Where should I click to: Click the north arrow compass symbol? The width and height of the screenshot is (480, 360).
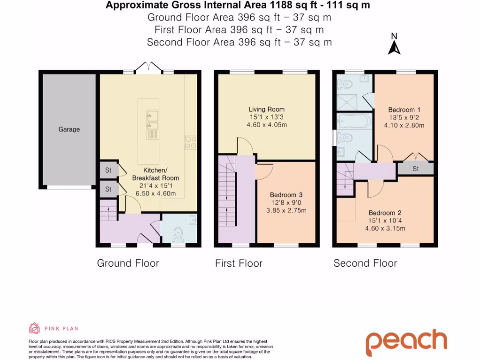(x=394, y=45)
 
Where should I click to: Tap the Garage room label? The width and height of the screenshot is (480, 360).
(x=69, y=129)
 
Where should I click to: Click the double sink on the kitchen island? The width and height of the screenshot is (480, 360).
(x=152, y=120)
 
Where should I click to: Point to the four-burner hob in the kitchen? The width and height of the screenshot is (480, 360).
(x=191, y=142)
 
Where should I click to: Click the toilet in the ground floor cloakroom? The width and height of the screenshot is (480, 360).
(x=178, y=233)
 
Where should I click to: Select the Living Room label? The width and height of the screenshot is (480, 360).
(x=266, y=109)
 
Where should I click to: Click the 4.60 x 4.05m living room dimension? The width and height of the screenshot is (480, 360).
(x=267, y=125)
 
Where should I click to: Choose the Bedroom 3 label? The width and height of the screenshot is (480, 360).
(x=286, y=195)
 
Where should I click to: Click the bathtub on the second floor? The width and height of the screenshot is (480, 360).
(x=354, y=121)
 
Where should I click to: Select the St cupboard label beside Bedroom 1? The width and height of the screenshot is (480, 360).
(x=415, y=169)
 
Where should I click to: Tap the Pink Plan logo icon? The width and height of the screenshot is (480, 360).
(x=35, y=328)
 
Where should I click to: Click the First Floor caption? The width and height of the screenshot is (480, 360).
(x=239, y=263)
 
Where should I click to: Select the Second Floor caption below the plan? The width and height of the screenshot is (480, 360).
(x=365, y=263)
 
